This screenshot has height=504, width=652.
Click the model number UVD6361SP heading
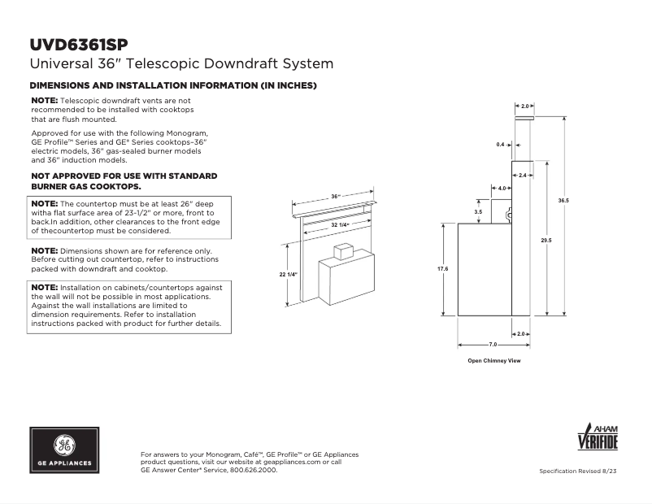tap(78, 44)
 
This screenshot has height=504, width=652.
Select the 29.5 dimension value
tap(546, 240)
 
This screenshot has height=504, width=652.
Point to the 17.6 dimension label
tap(443, 268)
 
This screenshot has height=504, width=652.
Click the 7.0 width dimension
tap(493, 345)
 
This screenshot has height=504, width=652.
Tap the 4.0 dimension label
tap(502, 188)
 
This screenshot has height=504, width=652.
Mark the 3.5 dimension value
tap(478, 211)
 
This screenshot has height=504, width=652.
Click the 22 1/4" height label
tap(289, 275)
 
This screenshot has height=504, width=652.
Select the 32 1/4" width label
tap(340, 224)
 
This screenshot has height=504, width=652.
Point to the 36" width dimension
tap(336, 197)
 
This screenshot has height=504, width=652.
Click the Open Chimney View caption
tap(493, 359)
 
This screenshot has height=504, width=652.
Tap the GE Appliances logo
tap(63, 450)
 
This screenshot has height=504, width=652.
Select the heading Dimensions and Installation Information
tap(173, 85)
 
